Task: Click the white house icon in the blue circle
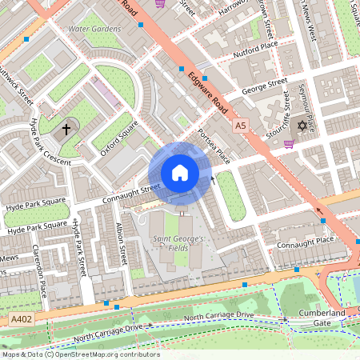pyautogui.click(x=180, y=173)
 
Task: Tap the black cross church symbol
pyautogui.click(x=66, y=128)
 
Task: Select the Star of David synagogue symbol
pyautogui.click(x=302, y=126)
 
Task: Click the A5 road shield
pyautogui.click(x=241, y=126)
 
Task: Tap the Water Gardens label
pyautogui.click(x=94, y=29)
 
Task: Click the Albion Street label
pyautogui.click(x=122, y=245)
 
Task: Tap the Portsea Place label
pyautogui.click(x=214, y=144)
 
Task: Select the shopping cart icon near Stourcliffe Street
pyautogui.click(x=289, y=144)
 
